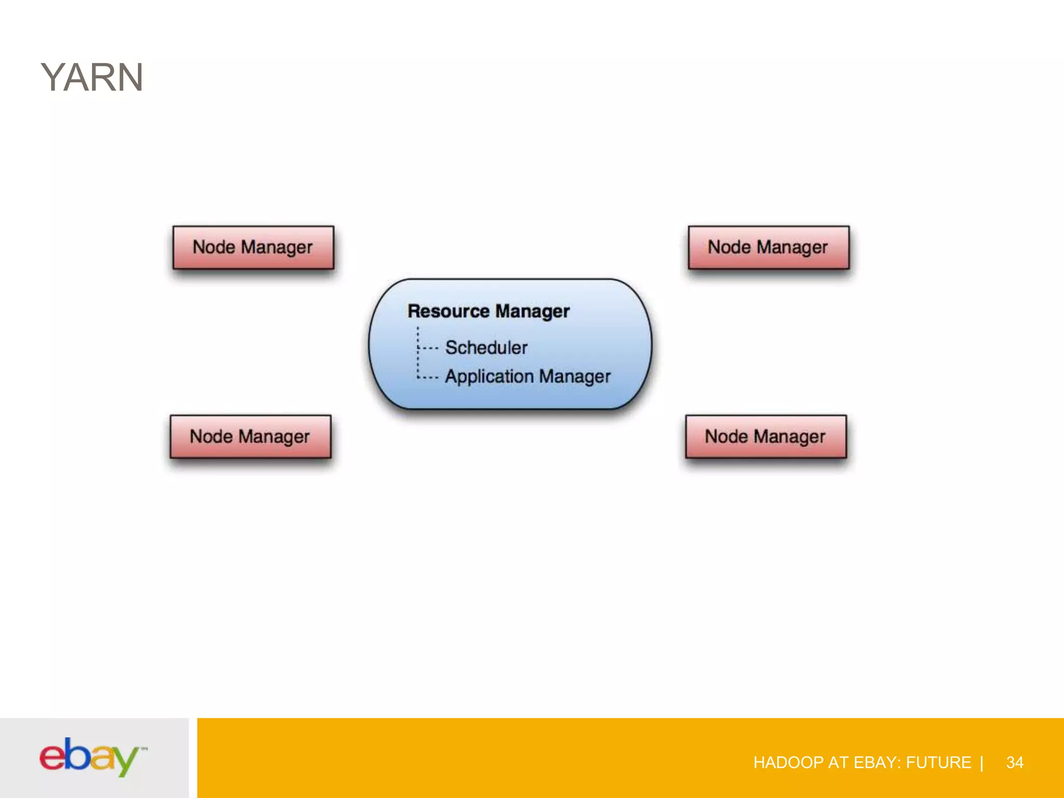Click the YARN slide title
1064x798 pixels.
tap(92, 77)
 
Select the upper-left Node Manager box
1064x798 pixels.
tap(253, 247)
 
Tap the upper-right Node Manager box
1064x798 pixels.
tap(768, 247)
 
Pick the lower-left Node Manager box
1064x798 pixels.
tap(250, 436)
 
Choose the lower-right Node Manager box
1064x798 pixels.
tap(765, 436)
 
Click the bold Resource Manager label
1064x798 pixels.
tap(488, 311)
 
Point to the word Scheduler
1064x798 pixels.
tap(486, 348)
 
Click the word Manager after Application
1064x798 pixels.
tap(575, 377)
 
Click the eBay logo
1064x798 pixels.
tap(92, 757)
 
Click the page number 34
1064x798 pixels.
tap(1014, 762)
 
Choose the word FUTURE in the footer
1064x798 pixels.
tap(938, 762)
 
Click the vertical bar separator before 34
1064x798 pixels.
tap(981, 762)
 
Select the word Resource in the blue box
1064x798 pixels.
tap(448, 311)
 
